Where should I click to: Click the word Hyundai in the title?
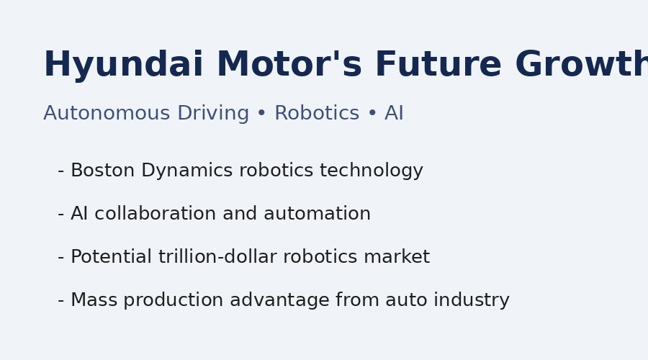[123, 66]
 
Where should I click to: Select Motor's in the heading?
[289, 66]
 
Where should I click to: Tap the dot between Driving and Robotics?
[261, 114]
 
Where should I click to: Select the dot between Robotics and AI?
[372, 114]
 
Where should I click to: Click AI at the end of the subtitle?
[394, 114]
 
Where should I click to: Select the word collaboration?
[156, 215]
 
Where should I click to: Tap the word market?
[400, 258]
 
